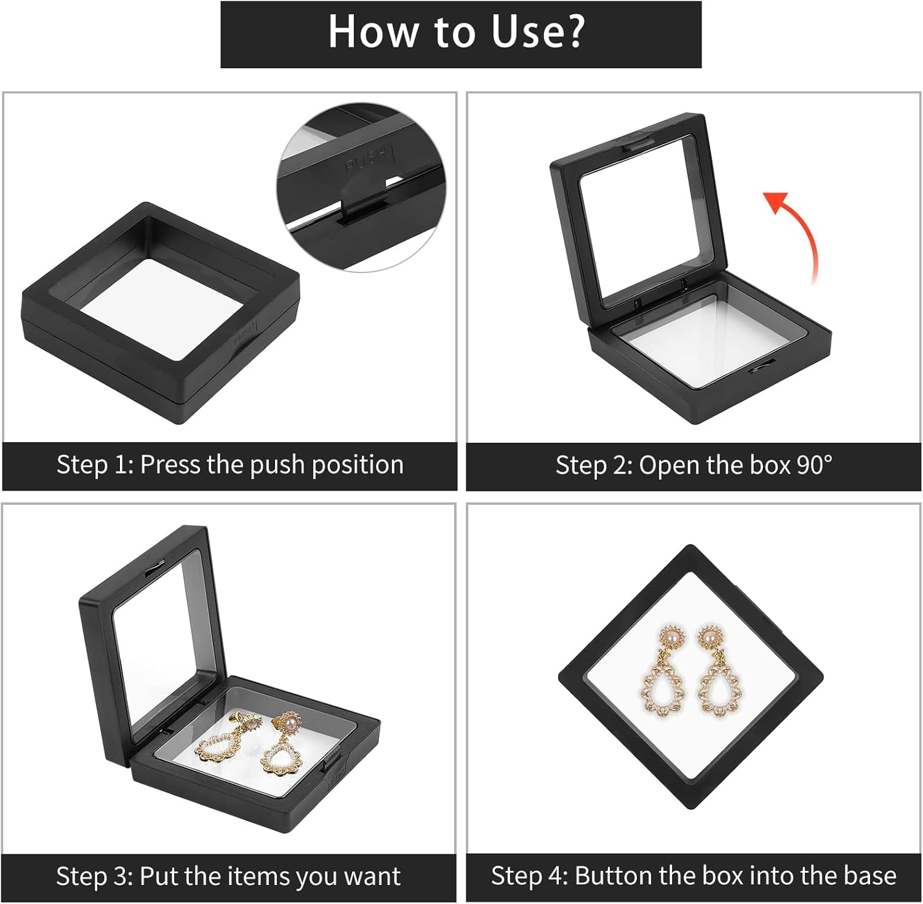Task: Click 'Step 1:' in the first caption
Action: [95, 465]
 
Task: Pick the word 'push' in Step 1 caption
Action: [276, 465]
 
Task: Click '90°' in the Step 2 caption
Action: [814, 465]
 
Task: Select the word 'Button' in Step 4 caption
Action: [610, 876]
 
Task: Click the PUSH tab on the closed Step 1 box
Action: [246, 332]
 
